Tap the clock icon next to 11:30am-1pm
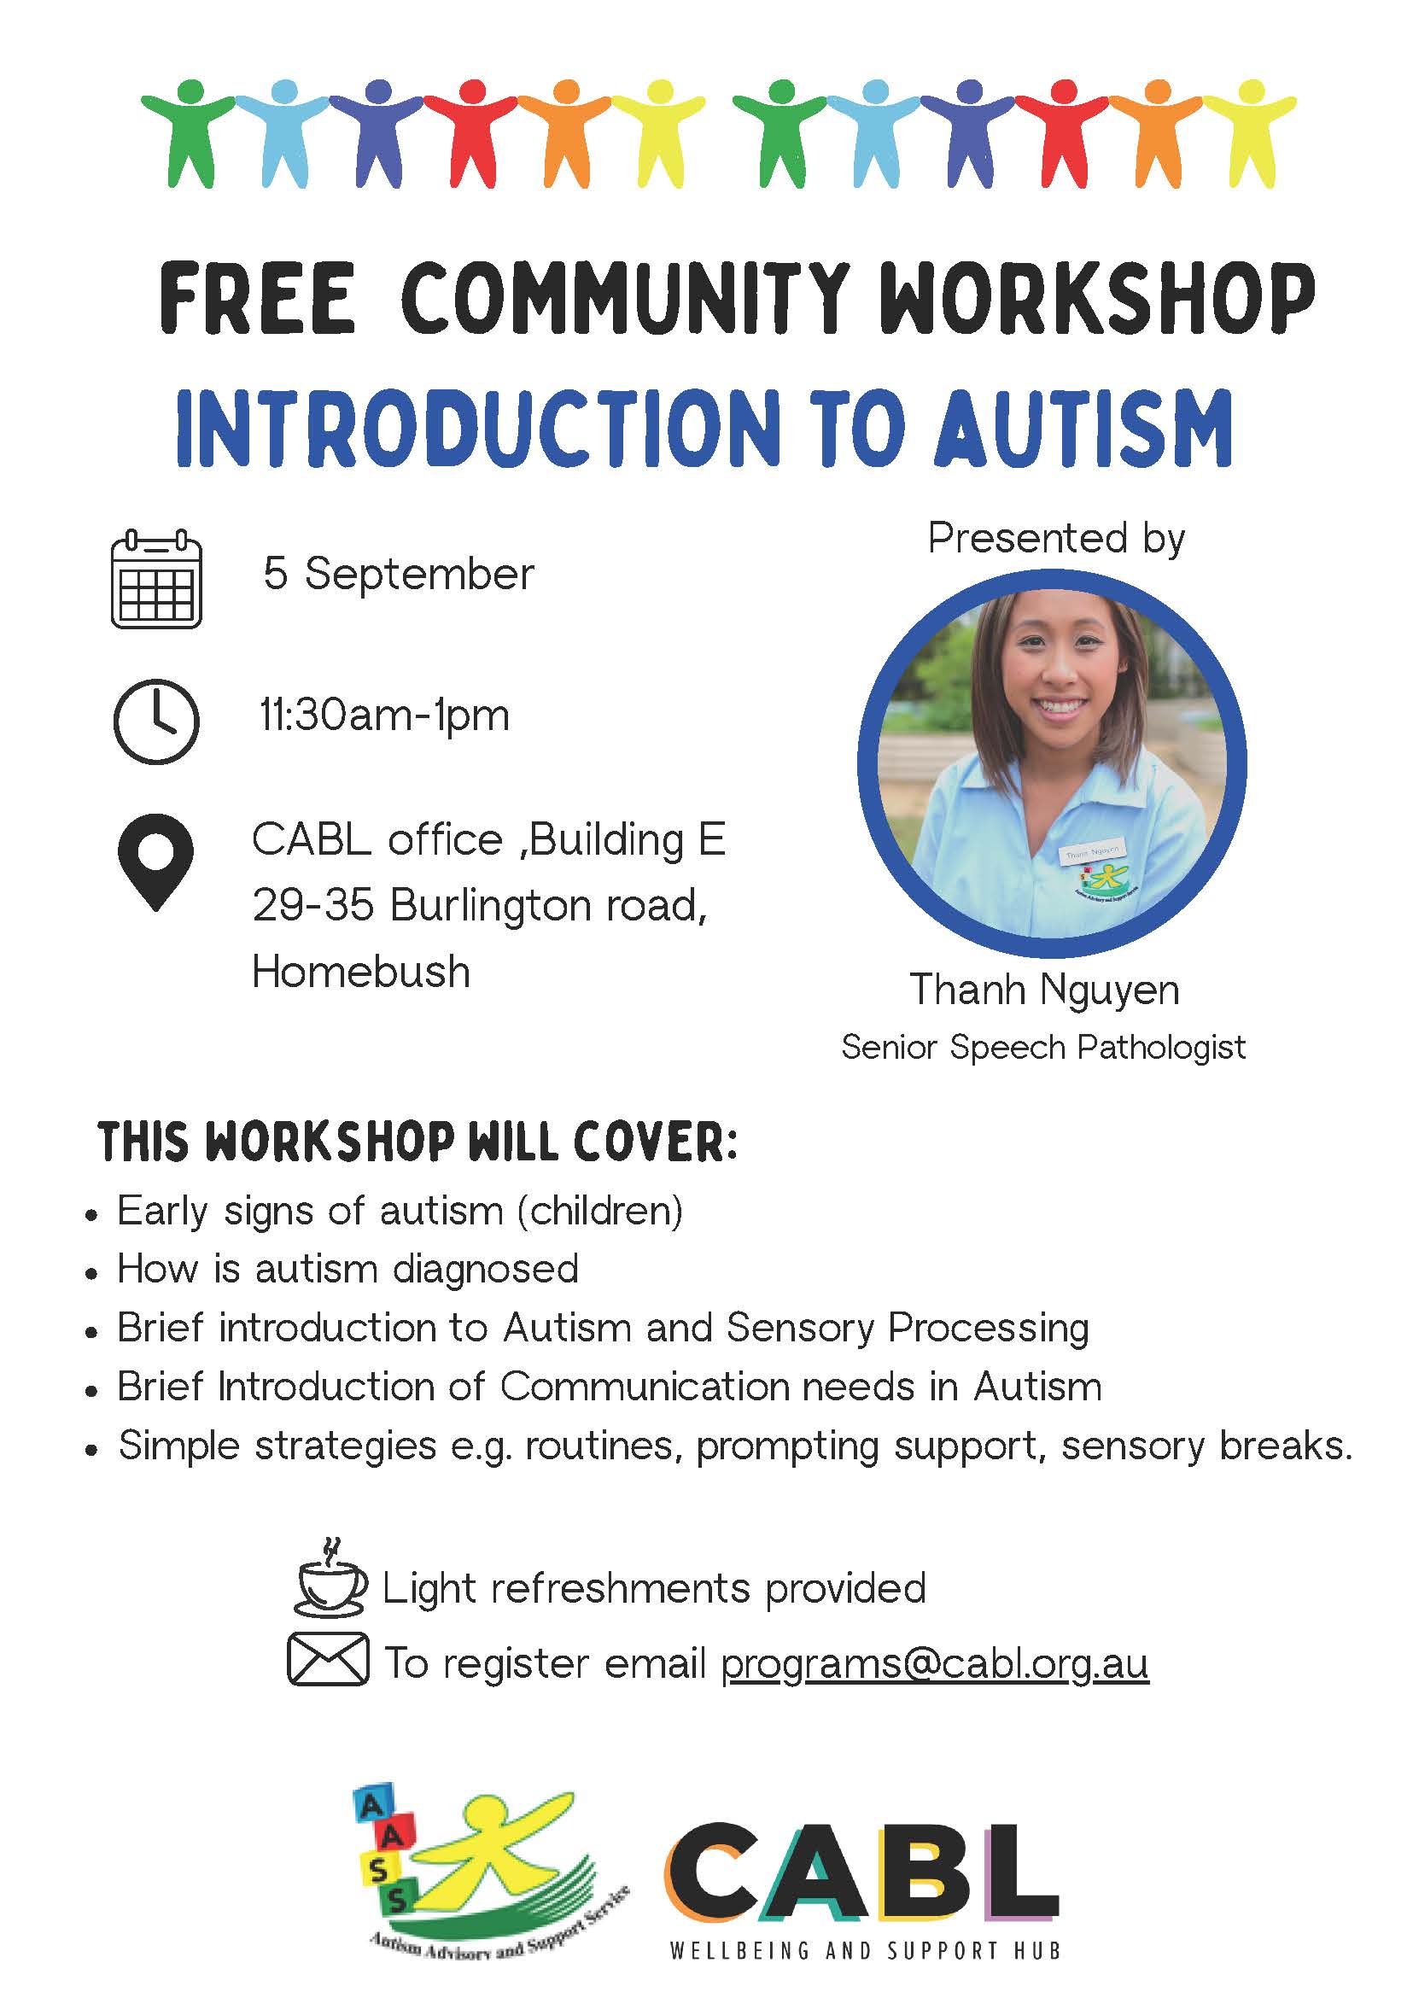(x=156, y=722)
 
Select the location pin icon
(x=155, y=862)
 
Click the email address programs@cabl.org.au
(x=936, y=1664)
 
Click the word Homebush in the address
(x=361, y=972)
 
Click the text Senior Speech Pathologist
(x=1043, y=1048)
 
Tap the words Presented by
(x=1056, y=540)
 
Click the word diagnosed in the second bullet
(x=486, y=1270)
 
